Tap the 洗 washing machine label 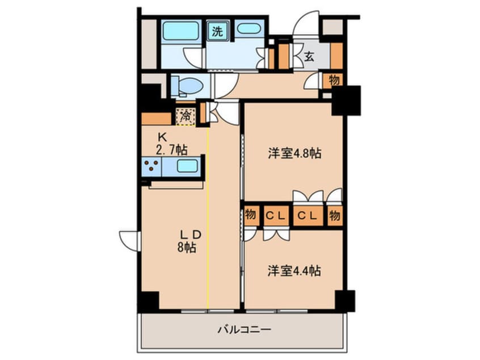coord(217,31)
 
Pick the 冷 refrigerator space coord(186,116)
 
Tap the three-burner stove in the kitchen coord(151,166)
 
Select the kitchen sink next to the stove coord(187,166)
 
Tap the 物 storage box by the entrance coord(335,80)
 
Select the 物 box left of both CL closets coord(250,216)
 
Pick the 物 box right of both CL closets coord(335,216)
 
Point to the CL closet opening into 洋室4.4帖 coord(276,216)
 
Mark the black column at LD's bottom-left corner coord(148,301)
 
